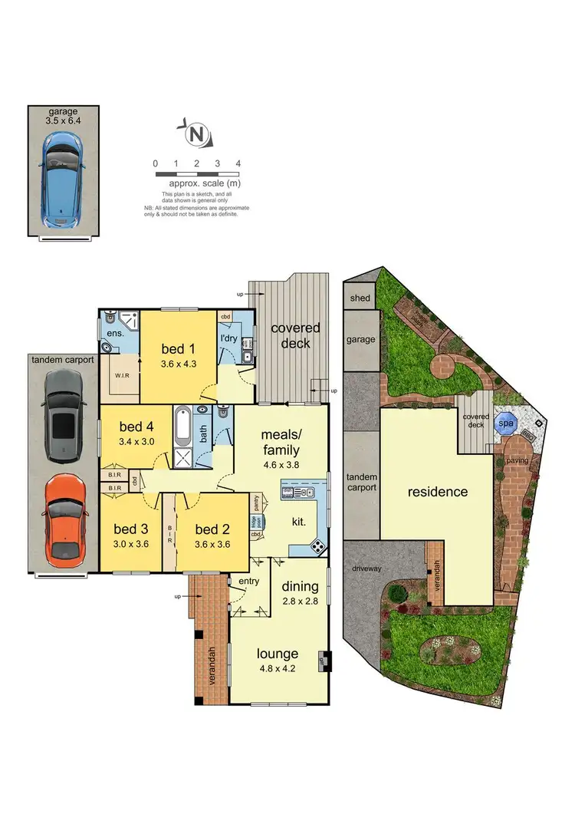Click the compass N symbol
(x=197, y=135)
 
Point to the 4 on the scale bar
(x=238, y=163)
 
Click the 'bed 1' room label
(x=179, y=350)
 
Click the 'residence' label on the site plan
(x=437, y=492)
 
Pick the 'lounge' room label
(x=278, y=654)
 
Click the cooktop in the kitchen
(x=316, y=546)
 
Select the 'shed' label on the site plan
(x=360, y=298)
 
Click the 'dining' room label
(x=300, y=587)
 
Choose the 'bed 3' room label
(x=130, y=529)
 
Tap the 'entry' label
(x=250, y=582)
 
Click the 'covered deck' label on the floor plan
(x=295, y=335)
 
